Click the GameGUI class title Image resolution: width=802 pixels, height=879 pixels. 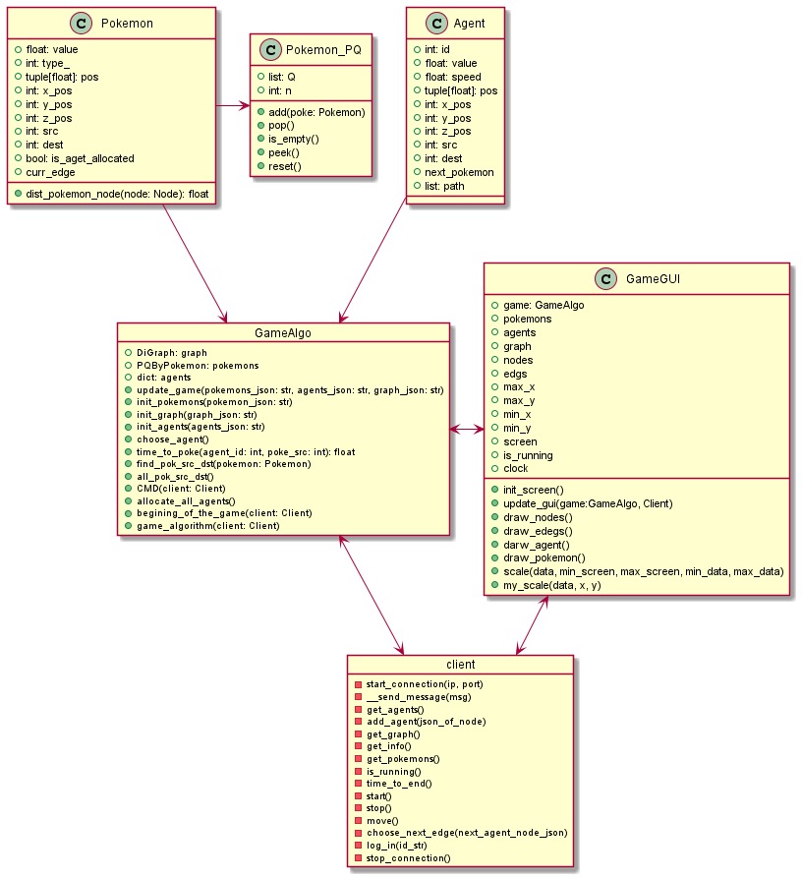point(649,280)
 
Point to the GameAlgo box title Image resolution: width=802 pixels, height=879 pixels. point(283,334)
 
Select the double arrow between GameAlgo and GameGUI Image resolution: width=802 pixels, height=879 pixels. point(467,429)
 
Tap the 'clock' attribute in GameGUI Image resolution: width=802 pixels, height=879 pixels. point(516,468)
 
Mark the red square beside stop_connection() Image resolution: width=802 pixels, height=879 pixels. point(358,858)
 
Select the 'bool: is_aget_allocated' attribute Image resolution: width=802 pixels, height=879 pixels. point(87,157)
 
